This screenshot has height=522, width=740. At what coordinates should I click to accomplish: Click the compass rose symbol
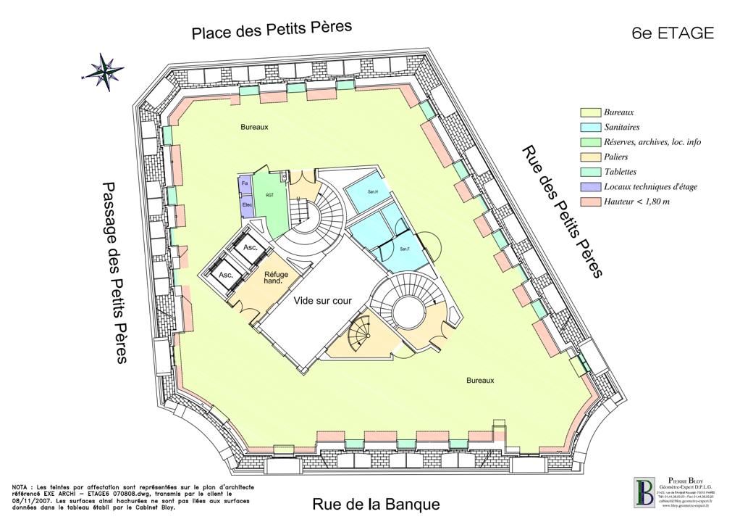[x=103, y=70]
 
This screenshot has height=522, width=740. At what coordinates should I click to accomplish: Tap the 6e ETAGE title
[x=673, y=33]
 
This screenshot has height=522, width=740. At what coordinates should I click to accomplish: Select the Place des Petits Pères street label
[x=272, y=30]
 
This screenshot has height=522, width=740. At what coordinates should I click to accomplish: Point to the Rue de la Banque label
[x=376, y=504]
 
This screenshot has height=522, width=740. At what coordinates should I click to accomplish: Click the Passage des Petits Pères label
[x=114, y=272]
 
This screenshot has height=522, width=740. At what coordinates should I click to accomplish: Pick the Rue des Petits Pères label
[x=562, y=211]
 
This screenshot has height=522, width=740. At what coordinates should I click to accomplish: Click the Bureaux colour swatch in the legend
[x=589, y=113]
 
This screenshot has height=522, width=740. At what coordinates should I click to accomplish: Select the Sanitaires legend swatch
[x=589, y=128]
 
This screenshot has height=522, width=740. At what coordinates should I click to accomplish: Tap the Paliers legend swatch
[x=589, y=157]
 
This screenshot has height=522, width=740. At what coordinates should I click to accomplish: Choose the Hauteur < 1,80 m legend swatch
[x=589, y=202]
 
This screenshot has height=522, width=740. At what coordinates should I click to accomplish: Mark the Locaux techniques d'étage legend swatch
[x=589, y=187]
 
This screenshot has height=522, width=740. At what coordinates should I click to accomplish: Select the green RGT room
[x=269, y=196]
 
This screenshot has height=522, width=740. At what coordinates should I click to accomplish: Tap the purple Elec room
[x=247, y=205]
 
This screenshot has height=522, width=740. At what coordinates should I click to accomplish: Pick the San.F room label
[x=405, y=249]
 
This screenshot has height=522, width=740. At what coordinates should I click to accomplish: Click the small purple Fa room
[x=245, y=184]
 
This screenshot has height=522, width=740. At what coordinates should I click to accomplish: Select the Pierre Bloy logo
[x=643, y=492]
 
